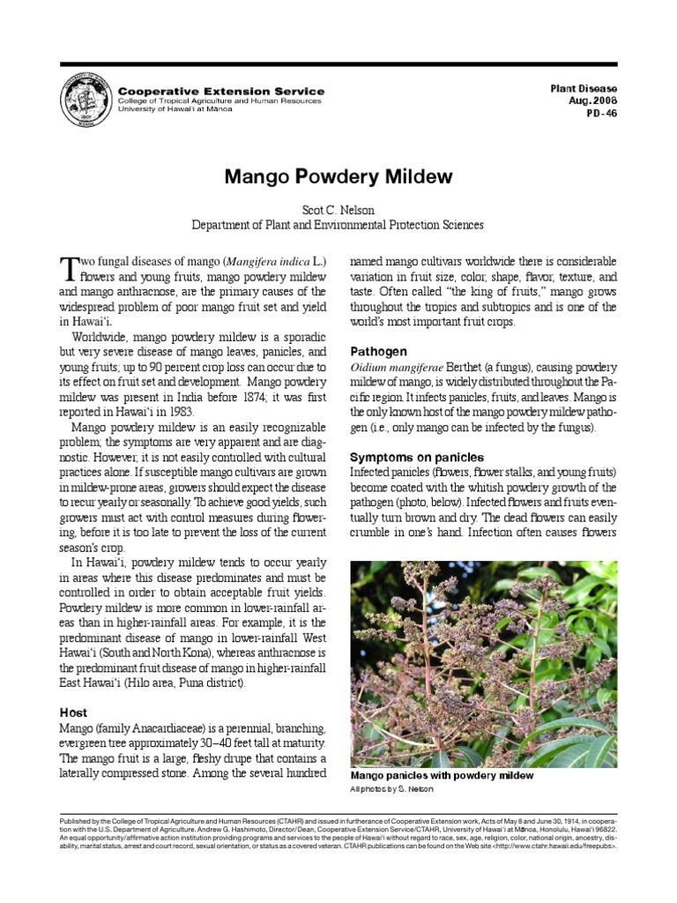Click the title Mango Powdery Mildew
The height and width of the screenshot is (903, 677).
click(338, 177)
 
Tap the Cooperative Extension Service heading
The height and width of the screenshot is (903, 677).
click(220, 91)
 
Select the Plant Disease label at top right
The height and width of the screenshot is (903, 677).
click(584, 89)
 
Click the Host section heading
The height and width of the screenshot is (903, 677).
click(73, 711)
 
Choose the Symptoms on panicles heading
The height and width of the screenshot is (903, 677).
click(417, 457)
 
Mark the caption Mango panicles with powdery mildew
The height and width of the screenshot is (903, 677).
click(442, 775)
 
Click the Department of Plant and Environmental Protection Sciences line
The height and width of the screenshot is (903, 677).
click(338, 226)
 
